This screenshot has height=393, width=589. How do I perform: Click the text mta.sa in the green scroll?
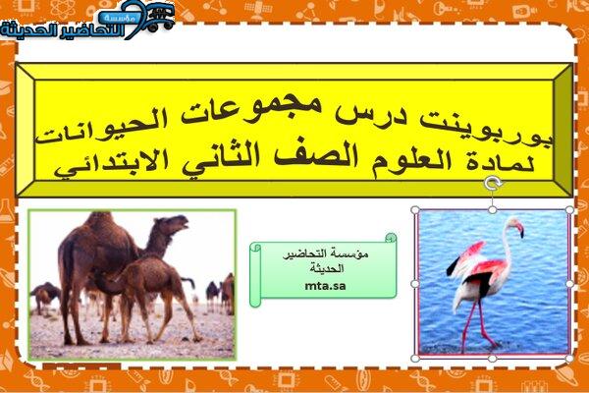point(325,286)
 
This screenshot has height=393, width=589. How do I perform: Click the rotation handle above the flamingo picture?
point(493,184)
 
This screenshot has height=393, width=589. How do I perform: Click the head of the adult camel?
point(174,223)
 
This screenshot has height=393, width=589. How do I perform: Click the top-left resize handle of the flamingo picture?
point(415,210)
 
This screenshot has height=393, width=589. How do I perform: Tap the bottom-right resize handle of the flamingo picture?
point(569,358)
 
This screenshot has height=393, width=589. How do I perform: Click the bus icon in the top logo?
point(159,17)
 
